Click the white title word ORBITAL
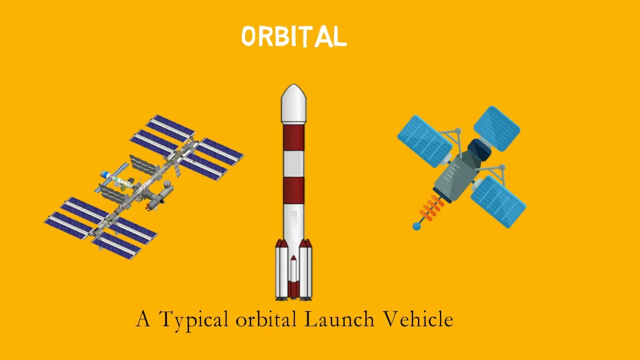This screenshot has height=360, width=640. (294, 37)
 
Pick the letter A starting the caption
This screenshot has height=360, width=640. (143, 319)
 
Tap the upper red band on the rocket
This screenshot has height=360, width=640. (293, 137)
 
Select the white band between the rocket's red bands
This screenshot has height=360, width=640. (293, 163)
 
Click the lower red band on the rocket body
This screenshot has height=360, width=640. (293, 190)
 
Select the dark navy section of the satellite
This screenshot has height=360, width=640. (479, 148)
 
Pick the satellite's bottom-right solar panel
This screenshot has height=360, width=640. (498, 201)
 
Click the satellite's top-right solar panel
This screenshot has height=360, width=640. (496, 128)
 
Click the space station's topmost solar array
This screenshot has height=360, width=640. (170, 128)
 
